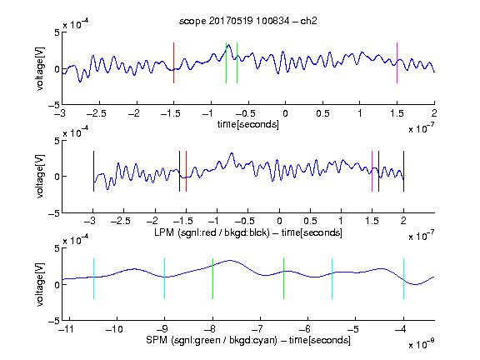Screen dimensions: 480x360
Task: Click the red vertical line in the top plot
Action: [x=173, y=62]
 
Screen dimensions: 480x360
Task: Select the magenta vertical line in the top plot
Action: [x=397, y=62]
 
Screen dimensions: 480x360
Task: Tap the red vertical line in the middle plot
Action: [x=186, y=171]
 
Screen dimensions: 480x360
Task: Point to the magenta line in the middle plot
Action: [x=372, y=171]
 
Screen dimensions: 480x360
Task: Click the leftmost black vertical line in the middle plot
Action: [x=93, y=171]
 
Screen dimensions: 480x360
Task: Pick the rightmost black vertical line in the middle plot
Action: [x=403, y=171]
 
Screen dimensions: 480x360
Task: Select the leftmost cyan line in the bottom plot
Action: [x=93, y=278]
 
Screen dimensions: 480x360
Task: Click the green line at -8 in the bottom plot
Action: [x=212, y=278]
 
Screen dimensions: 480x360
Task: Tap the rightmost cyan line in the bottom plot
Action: [x=403, y=278]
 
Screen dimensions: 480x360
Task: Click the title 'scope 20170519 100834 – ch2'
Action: [x=248, y=21]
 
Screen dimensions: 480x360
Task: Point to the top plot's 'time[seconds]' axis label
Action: [x=248, y=124]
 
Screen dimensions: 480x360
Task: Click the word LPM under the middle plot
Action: [x=164, y=232]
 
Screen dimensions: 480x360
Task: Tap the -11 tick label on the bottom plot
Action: [x=67, y=329]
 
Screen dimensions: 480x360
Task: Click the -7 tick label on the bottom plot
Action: [x=258, y=329]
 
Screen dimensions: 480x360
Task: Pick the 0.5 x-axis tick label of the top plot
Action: [x=322, y=113]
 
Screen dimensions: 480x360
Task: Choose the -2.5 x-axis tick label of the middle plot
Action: [x=120, y=221]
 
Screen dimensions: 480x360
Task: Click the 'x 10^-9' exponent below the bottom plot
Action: [x=422, y=344]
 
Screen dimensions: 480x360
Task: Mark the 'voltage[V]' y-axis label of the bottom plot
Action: [x=40, y=284]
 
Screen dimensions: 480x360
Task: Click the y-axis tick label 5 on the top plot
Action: [x=57, y=32]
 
